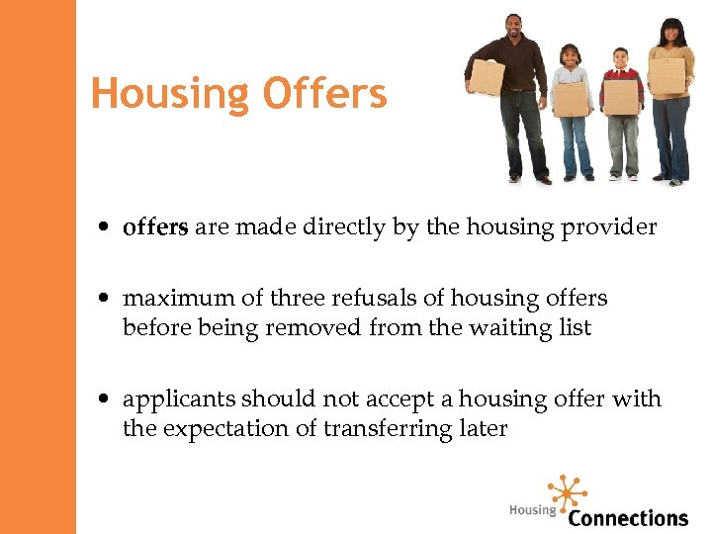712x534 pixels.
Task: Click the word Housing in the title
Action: click(x=171, y=95)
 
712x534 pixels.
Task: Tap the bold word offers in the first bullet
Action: click(x=155, y=227)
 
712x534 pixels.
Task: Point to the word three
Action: click(x=297, y=299)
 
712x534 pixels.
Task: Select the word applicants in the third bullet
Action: click(x=179, y=400)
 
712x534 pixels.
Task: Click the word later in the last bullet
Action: click(x=484, y=428)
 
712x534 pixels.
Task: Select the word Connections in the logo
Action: click(x=628, y=517)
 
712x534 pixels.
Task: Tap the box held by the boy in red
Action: click(x=621, y=97)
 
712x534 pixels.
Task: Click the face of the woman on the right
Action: click(x=671, y=32)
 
